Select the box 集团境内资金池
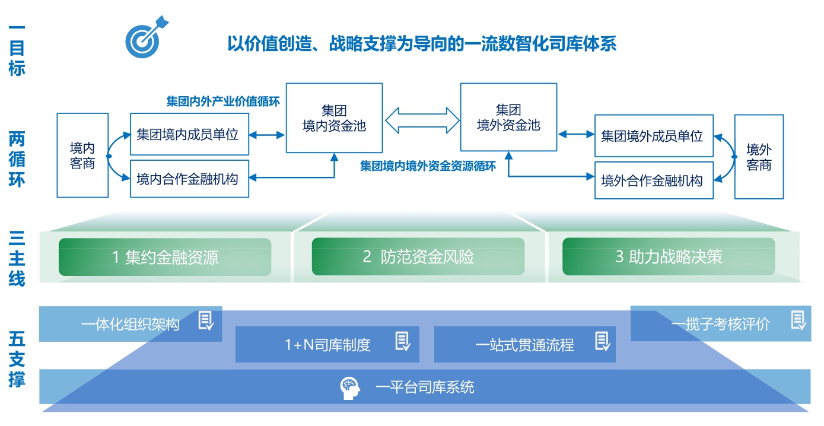[334, 117]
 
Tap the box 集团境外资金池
[508, 117]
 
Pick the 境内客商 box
[82, 155]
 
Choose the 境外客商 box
[759, 157]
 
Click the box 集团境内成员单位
[189, 135]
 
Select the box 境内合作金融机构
[189, 179]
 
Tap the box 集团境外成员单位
[654, 136]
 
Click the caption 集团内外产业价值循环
[223, 101]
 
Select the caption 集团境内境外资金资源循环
[428, 166]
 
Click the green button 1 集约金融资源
[165, 257]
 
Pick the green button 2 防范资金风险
[418, 257]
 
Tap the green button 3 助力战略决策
[669, 257]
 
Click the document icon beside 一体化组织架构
[206, 320]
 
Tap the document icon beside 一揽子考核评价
[798, 320]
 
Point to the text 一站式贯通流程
[524, 345]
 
